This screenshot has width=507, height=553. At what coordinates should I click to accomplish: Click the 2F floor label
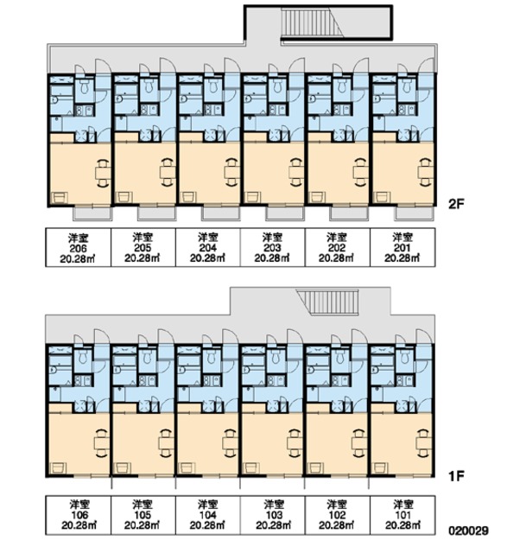(455, 204)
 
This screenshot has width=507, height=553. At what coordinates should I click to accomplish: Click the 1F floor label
(455, 476)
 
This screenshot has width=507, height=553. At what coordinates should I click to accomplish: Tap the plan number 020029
(469, 531)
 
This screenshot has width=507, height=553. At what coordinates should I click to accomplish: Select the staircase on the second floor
(312, 22)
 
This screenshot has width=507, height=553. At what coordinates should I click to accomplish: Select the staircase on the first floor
(327, 302)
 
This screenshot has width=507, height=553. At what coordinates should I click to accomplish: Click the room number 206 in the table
(78, 248)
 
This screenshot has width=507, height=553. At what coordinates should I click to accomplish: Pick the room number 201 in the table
(402, 248)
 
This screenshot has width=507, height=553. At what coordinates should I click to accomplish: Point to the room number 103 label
(274, 515)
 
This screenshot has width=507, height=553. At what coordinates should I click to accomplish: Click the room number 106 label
(79, 515)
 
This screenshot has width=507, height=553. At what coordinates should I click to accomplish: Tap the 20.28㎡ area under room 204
(207, 258)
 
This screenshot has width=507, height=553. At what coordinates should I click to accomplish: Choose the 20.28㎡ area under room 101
(402, 525)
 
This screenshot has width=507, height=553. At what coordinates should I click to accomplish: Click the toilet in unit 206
(85, 86)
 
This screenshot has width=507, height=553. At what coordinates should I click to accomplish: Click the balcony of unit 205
(156, 213)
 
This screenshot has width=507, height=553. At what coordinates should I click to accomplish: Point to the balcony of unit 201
(414, 213)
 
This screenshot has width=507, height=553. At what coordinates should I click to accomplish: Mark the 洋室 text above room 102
(337, 505)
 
